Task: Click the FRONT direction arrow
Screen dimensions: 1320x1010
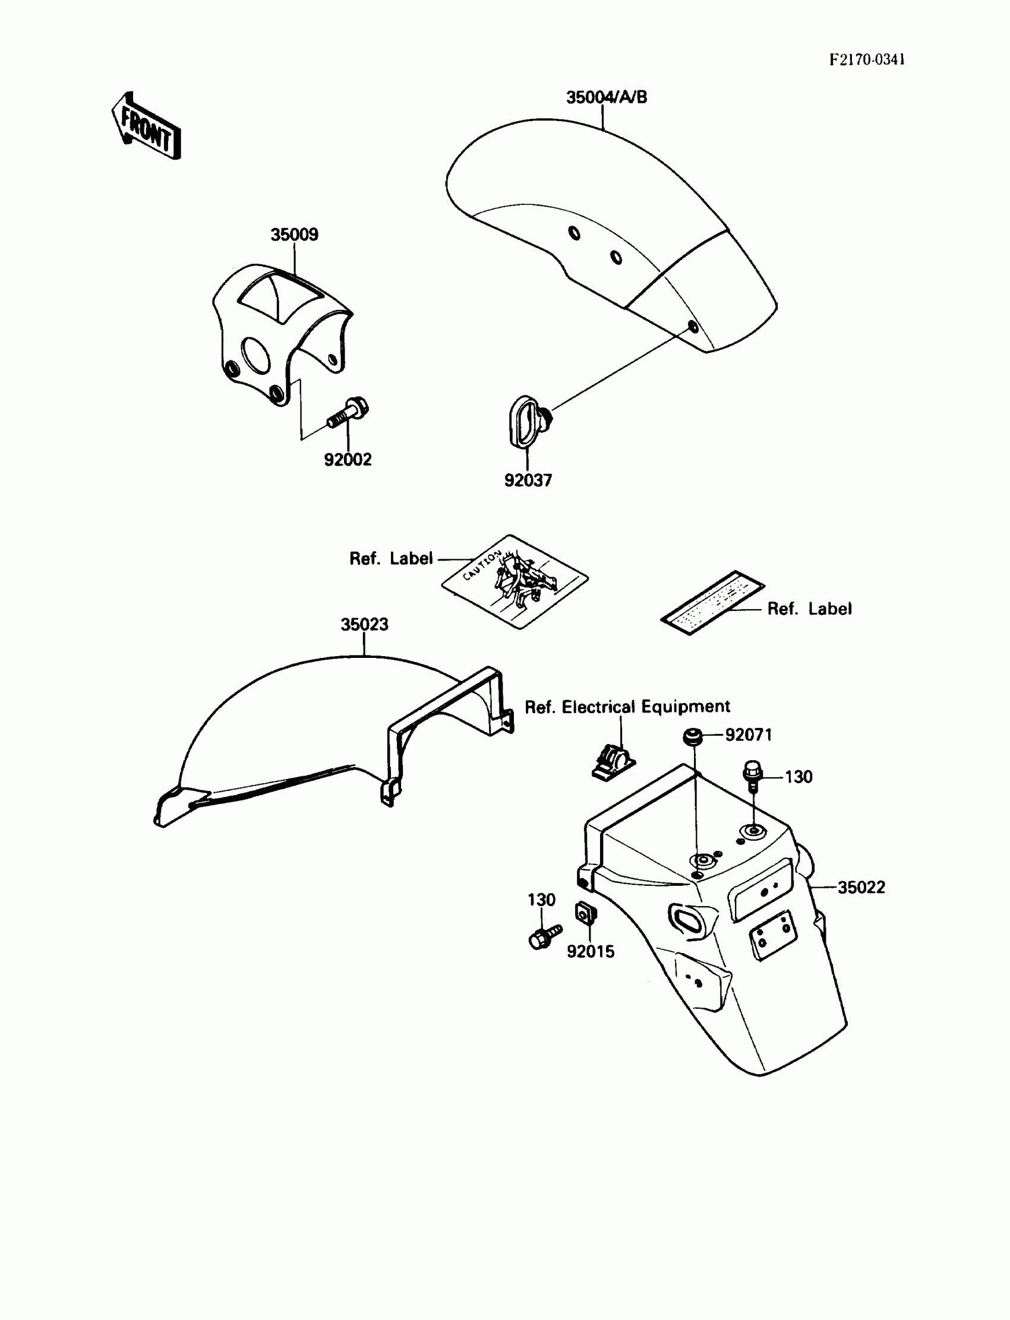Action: click(146, 126)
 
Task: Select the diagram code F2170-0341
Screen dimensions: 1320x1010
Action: click(867, 59)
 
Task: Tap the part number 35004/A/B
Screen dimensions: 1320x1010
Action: click(607, 97)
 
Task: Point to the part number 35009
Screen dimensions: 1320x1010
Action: click(294, 235)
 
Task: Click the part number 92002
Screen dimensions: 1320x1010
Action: click(348, 460)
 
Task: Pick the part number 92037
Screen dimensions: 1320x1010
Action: click(527, 480)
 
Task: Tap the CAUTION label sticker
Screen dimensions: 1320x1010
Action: click(515, 581)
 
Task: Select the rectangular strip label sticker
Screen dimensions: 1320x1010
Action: click(712, 603)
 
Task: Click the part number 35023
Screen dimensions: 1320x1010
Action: click(364, 624)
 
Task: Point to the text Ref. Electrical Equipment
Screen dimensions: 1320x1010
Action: click(627, 707)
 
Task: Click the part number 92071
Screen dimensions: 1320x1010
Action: click(749, 735)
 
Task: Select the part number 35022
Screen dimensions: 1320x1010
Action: click(861, 887)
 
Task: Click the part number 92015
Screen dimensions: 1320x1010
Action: click(591, 951)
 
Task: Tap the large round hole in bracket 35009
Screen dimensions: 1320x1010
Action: click(257, 354)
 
